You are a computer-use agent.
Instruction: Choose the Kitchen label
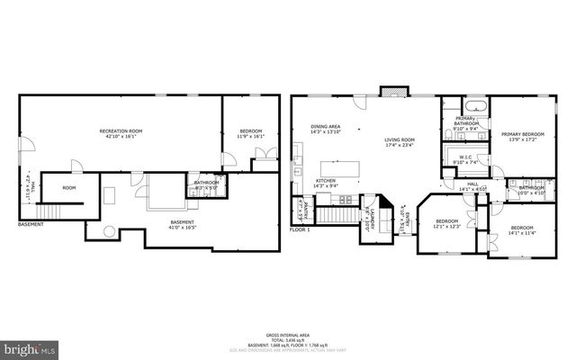[326, 183]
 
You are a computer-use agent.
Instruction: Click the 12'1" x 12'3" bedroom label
[447, 223]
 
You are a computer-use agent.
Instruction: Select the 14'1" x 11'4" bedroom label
[521, 231]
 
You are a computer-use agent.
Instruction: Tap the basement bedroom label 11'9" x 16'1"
[250, 133]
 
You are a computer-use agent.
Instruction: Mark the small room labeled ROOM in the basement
[68, 188]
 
